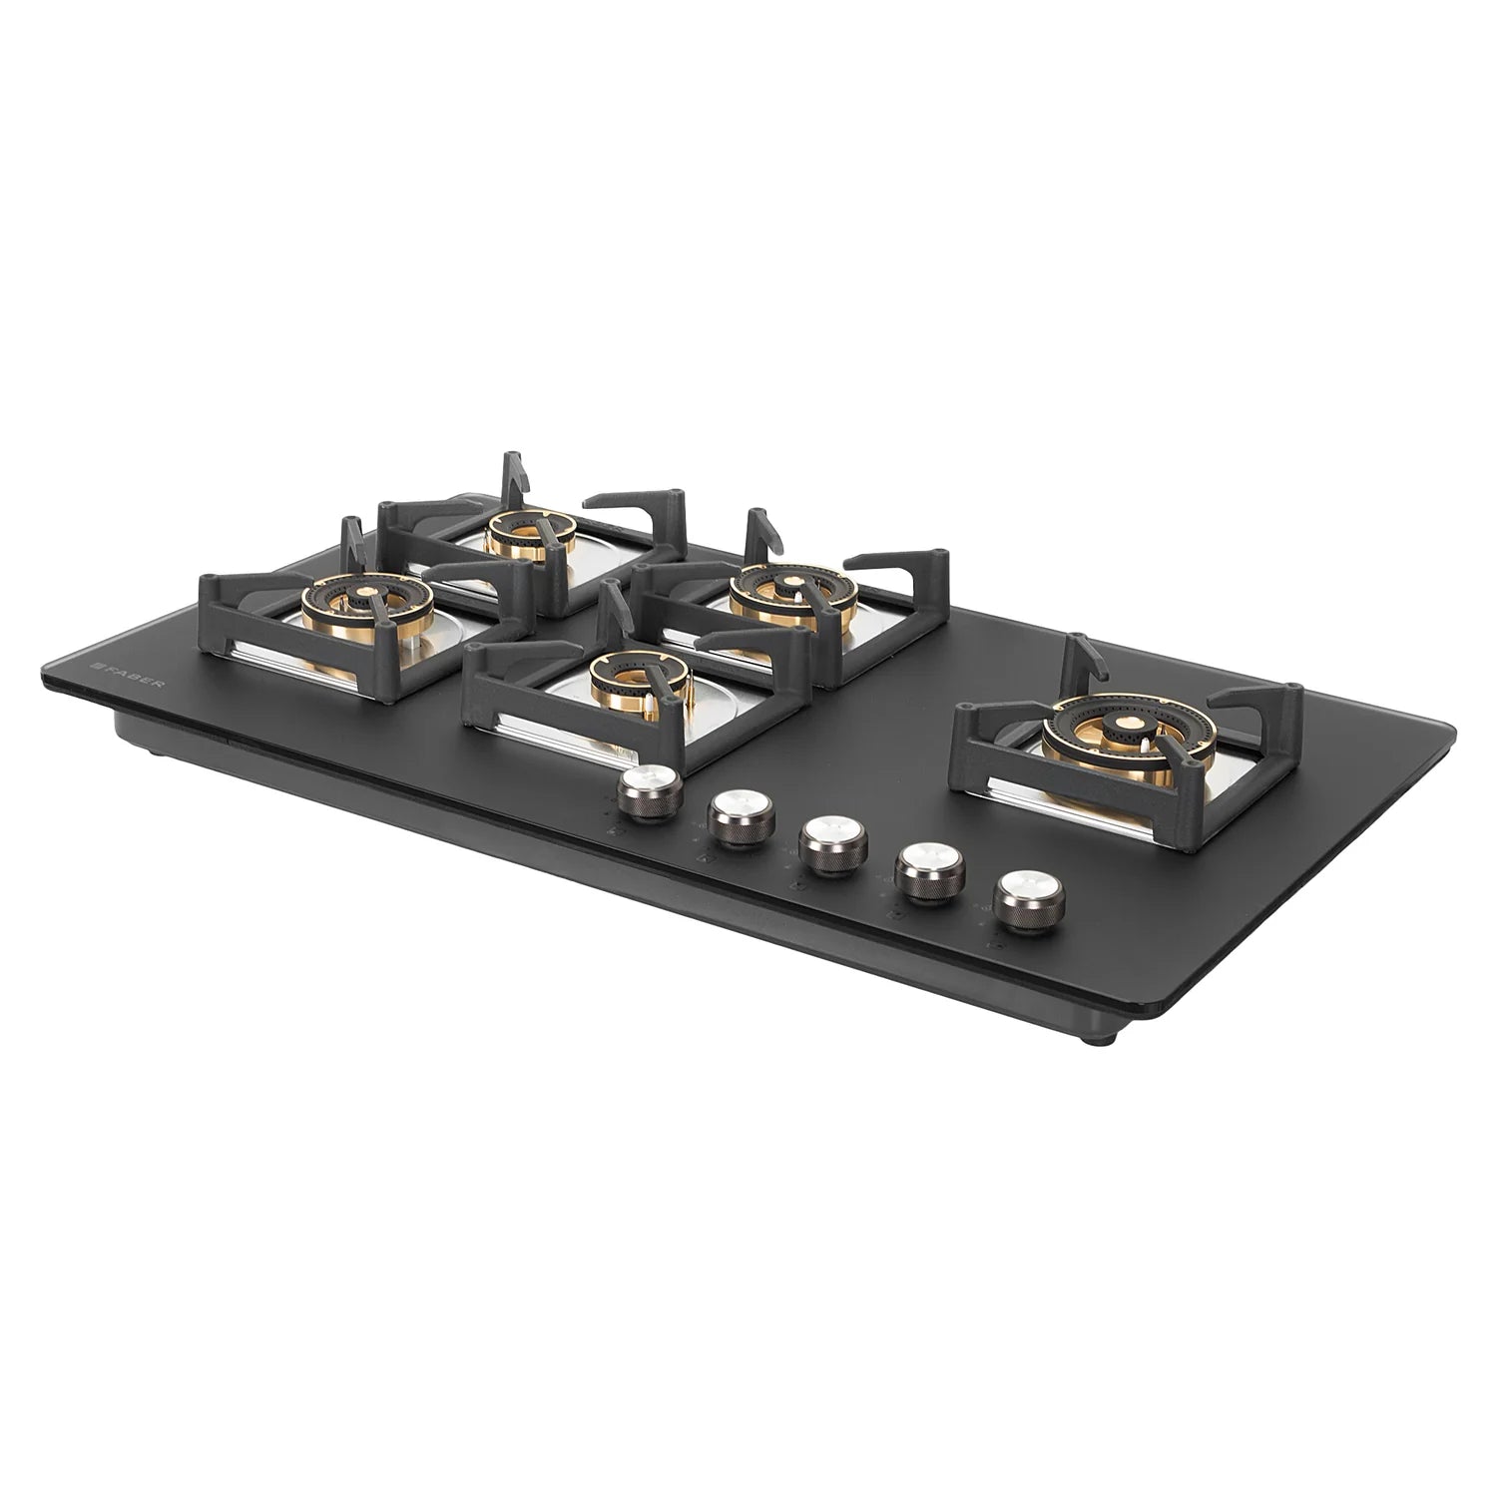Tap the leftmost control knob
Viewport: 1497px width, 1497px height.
(x=650, y=790)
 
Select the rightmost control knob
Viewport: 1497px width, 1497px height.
(x=1026, y=901)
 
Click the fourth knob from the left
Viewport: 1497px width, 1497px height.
(x=929, y=871)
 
